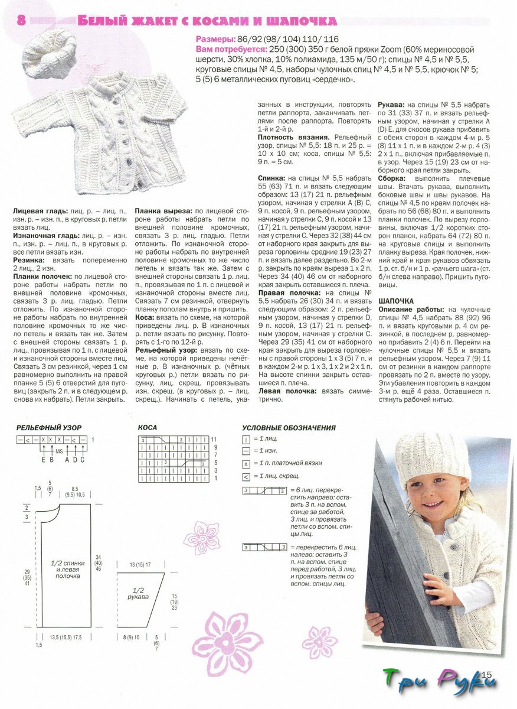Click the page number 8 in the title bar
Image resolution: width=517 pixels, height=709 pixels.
[x=21, y=20]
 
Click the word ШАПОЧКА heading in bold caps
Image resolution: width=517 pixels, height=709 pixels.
[x=396, y=301]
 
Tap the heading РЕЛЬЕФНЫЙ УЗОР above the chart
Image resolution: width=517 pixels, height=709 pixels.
[x=49, y=427]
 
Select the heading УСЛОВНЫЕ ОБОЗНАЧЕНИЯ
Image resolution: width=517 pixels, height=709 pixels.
[x=289, y=428]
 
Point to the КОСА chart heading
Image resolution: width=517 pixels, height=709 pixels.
[x=148, y=427]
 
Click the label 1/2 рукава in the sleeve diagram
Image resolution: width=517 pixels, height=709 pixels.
[x=138, y=594]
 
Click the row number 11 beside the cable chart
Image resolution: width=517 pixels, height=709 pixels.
[x=214, y=440]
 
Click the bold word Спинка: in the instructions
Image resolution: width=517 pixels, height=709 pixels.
[x=272, y=178]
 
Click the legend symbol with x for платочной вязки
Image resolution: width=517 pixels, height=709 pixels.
[x=246, y=463]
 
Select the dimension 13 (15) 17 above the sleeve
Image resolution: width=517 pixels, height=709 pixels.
[x=140, y=565]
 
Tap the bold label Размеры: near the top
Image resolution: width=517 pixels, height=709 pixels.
[x=215, y=39]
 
